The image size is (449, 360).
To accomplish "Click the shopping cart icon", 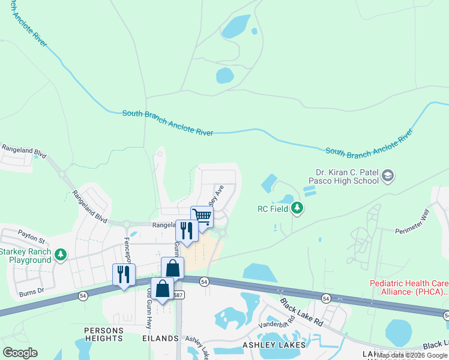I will coord(202,216).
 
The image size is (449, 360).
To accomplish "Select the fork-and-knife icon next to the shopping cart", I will coord(187,230).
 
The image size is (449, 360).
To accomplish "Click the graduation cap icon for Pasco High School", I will coord(388,175).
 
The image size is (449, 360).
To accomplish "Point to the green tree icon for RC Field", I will coord(297,208).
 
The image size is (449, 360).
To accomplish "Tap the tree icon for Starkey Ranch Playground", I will coord(60,256).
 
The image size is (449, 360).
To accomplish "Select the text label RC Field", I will coord(272,209).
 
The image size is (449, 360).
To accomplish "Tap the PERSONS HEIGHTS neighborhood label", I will coord(104,334).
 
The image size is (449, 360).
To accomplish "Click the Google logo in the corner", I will coord(20,353).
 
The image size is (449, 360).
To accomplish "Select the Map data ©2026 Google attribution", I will coord(412,355).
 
